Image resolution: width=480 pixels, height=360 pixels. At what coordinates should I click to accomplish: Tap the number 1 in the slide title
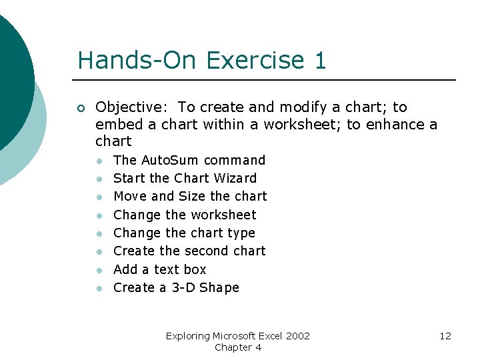(319, 61)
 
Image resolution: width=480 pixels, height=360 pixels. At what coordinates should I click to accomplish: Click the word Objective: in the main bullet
(133, 107)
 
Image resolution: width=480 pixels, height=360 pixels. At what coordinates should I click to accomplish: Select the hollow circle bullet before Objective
(81, 108)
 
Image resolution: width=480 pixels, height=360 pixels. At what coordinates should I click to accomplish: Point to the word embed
(115, 124)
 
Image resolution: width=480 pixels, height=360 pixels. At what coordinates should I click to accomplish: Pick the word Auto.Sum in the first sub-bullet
(169, 160)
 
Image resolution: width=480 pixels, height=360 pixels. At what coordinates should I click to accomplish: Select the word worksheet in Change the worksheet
(223, 215)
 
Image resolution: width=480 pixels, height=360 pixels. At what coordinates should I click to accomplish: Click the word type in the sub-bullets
(241, 233)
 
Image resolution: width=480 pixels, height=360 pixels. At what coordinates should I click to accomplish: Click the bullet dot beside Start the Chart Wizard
(99, 179)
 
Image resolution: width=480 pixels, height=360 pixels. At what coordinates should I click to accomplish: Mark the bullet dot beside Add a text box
(99, 270)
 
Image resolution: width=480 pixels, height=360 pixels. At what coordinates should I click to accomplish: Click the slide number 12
(445, 336)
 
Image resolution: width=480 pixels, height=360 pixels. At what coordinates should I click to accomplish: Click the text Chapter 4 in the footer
(238, 347)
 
